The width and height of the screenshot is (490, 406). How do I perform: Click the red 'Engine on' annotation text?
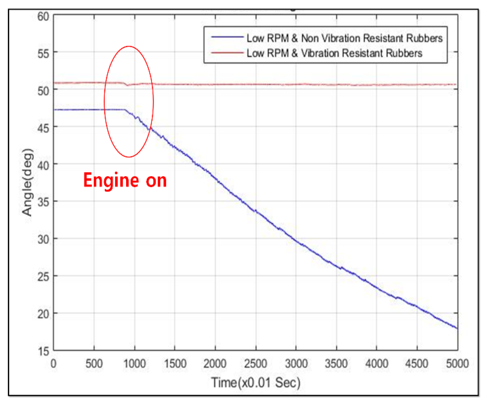[125, 180]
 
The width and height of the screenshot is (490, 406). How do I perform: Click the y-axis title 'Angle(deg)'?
[27, 182]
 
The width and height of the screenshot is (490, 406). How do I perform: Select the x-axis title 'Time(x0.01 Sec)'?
[256, 382]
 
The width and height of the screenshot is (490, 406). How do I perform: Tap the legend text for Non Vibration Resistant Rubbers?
[344, 38]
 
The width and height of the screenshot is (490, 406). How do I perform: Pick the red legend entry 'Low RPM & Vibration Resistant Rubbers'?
[334, 53]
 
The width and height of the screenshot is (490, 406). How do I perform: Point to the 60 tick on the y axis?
[43, 17]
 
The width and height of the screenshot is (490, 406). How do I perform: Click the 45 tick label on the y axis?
[43, 128]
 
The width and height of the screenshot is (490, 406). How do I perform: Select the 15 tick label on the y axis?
[43, 351]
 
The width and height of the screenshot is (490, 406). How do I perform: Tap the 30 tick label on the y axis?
[43, 240]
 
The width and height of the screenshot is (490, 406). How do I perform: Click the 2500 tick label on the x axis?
[256, 364]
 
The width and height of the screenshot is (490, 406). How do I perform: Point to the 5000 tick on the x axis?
[457, 364]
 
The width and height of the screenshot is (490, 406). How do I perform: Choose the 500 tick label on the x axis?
[94, 364]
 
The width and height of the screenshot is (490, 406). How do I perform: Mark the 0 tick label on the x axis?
[53, 364]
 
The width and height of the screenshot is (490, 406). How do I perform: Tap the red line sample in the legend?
[227, 53]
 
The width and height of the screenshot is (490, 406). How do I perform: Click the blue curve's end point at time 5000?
[457, 328]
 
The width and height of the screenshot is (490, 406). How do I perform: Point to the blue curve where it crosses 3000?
[296, 241]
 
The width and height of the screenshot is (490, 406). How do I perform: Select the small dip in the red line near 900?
[128, 85]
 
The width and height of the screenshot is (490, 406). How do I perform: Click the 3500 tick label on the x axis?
[336, 364]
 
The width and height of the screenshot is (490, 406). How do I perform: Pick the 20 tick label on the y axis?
[43, 314]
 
